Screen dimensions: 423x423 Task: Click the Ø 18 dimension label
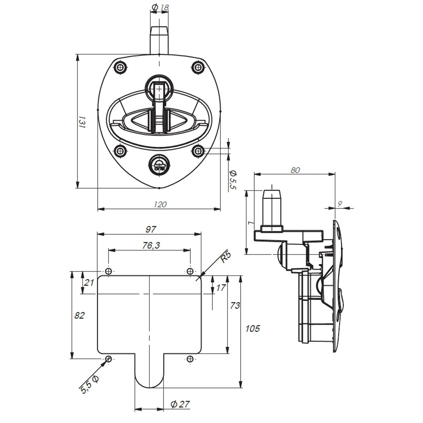(x=159, y=7)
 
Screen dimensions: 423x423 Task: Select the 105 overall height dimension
(x=253, y=329)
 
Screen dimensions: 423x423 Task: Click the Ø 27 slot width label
(x=180, y=404)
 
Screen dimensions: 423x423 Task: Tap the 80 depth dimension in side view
(x=295, y=170)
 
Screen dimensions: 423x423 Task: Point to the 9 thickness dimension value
(x=340, y=203)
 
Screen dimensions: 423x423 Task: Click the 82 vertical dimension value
(x=80, y=316)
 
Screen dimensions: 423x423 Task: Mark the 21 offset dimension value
(x=89, y=283)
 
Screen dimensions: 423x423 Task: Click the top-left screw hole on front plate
(x=121, y=67)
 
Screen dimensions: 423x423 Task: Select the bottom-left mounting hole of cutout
(x=108, y=359)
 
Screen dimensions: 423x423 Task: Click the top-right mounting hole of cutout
(x=190, y=271)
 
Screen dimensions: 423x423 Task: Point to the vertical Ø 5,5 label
(x=232, y=179)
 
